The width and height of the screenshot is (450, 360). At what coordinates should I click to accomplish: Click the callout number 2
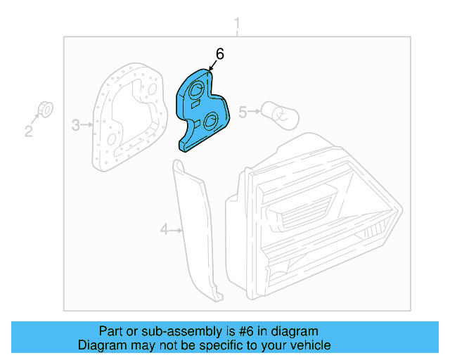point(29,131)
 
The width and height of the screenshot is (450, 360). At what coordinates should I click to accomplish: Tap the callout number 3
point(76,125)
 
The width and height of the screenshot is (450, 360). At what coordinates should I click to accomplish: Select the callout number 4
point(165,229)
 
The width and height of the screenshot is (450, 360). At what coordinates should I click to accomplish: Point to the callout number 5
point(243,112)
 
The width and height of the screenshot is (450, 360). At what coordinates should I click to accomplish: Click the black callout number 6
point(219,54)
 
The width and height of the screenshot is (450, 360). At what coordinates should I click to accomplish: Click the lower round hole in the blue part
point(210,120)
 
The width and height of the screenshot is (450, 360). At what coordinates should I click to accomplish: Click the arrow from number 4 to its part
point(176,229)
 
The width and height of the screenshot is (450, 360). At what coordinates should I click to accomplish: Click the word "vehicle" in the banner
point(311,345)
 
